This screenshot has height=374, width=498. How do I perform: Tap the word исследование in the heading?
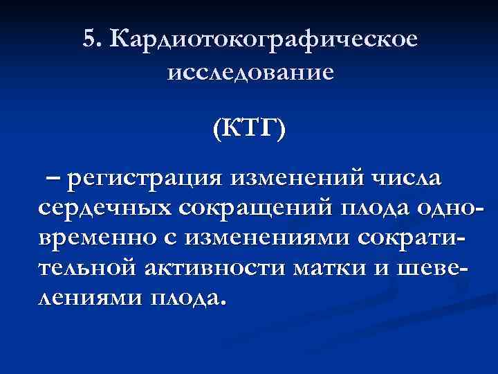pos(250,71)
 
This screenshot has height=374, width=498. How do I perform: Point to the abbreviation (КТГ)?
pos(249,130)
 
